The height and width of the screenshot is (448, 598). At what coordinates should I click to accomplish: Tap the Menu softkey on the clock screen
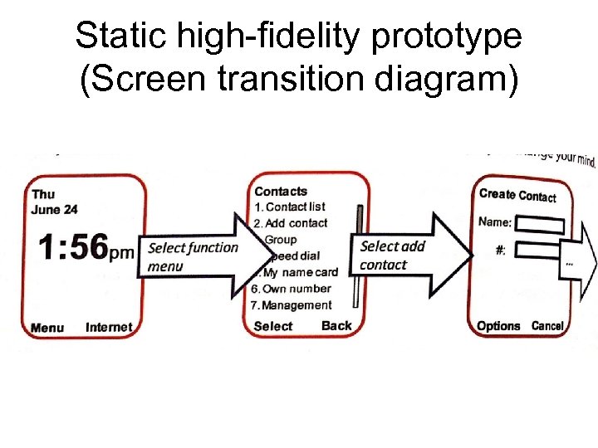click(47, 328)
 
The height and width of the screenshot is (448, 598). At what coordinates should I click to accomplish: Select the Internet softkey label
click(109, 327)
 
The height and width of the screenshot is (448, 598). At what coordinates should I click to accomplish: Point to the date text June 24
click(55, 209)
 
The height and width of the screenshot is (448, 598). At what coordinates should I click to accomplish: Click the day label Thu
click(43, 194)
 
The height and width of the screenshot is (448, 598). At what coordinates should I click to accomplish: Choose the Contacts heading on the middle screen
click(281, 192)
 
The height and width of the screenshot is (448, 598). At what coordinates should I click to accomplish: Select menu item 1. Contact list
click(290, 207)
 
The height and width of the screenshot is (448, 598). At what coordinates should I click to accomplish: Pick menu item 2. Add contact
click(291, 222)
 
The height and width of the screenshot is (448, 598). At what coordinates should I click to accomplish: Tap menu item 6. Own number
click(291, 289)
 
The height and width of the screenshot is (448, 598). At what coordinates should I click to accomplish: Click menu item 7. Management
click(291, 305)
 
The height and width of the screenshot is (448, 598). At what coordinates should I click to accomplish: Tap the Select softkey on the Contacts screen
click(273, 326)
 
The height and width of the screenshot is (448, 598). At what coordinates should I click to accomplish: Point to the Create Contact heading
click(517, 195)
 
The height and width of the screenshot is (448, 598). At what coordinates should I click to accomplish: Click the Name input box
click(545, 224)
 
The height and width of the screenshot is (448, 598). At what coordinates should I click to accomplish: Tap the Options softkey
click(498, 326)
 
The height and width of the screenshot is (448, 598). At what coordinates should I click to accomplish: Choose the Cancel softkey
click(547, 326)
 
